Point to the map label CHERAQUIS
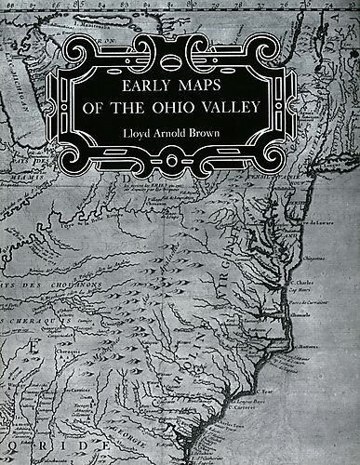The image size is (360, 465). tap(33, 319)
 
